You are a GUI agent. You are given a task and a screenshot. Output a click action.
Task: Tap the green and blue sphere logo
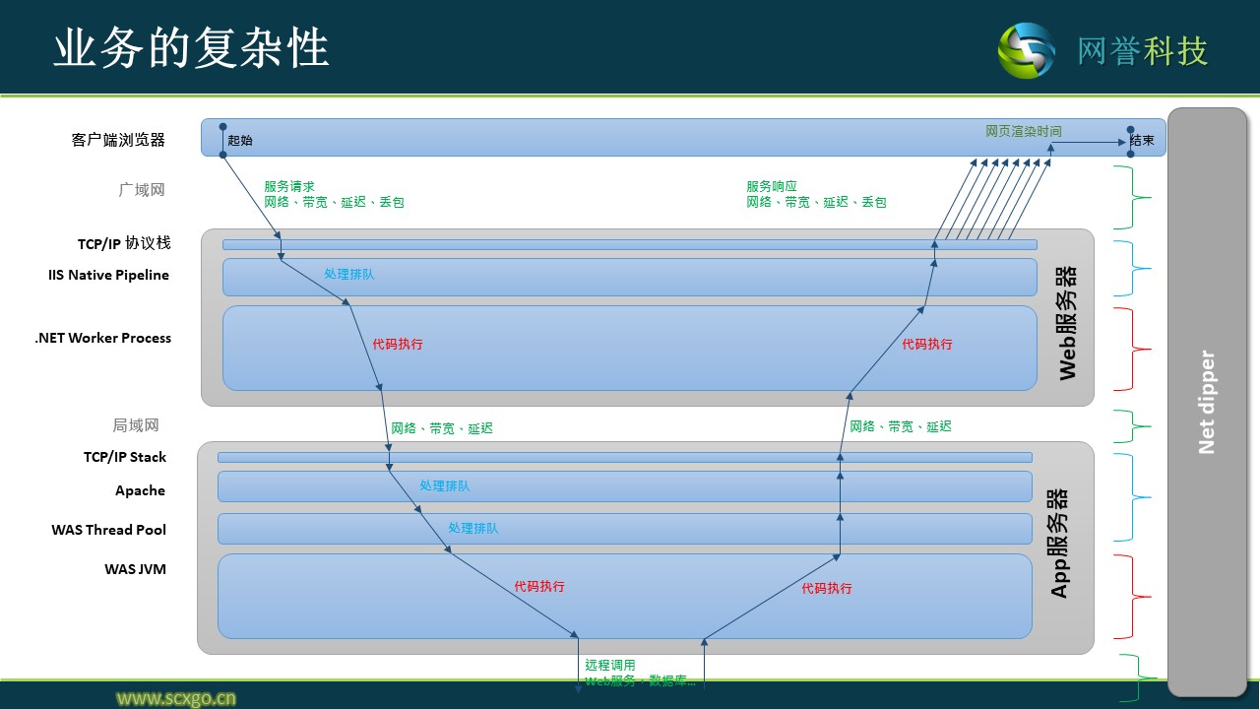[1026, 50]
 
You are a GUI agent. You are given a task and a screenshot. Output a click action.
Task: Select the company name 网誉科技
[1142, 51]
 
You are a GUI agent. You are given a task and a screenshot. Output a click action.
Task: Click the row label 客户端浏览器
[118, 140]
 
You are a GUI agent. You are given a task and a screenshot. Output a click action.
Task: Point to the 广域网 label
[142, 190]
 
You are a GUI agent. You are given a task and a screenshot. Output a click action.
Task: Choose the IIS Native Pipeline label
[108, 275]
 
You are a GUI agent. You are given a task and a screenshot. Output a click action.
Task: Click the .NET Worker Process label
[103, 338]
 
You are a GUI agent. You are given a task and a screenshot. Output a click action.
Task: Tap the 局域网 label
[136, 425]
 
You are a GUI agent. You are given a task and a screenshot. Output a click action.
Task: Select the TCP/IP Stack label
[125, 457]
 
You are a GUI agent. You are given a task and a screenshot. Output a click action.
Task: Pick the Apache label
[140, 490]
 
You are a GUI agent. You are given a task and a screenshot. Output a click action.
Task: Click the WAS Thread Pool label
[109, 530]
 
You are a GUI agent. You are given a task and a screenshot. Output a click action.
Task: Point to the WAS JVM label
[135, 568]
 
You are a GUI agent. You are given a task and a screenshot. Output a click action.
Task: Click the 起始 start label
[240, 141]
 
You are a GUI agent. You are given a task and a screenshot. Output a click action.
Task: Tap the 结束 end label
[1143, 141]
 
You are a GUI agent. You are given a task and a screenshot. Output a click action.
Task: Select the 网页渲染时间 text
[1024, 131]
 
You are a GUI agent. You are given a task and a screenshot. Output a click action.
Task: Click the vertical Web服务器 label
[1067, 322]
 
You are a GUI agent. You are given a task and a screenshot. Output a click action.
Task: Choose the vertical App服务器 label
[1059, 543]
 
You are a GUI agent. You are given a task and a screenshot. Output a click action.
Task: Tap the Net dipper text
[1207, 402]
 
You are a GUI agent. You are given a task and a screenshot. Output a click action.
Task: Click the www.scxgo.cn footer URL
[176, 698]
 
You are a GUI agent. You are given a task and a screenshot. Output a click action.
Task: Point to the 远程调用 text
[610, 665]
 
